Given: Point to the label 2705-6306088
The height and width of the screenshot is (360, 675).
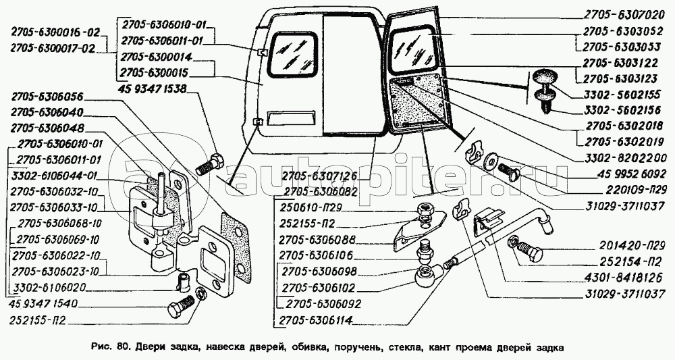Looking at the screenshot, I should [x=318, y=240].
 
